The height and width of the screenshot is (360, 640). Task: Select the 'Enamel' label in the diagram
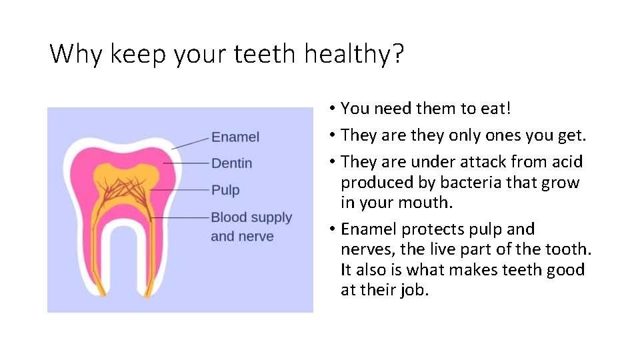click(x=235, y=137)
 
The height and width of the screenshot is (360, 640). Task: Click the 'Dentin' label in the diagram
click(x=231, y=163)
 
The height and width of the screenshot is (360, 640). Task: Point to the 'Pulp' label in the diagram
click(x=225, y=190)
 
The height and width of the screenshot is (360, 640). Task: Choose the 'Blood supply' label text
click(x=251, y=217)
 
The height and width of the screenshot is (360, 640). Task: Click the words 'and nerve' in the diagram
click(x=242, y=237)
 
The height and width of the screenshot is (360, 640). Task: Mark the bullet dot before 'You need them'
click(x=331, y=109)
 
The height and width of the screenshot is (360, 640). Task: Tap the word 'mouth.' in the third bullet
click(x=429, y=203)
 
